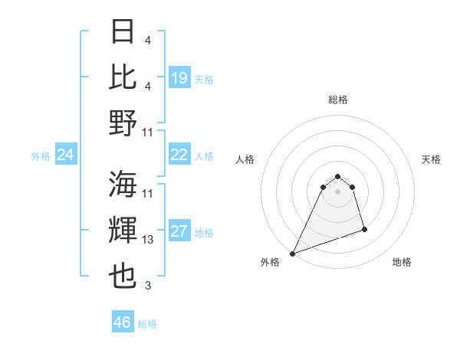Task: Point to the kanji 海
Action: click(x=123, y=184)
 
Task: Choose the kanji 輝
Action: click(x=123, y=230)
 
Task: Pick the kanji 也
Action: click(x=123, y=276)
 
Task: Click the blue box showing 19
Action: click(x=179, y=78)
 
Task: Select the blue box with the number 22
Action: click(x=179, y=155)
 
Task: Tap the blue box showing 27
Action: click(x=179, y=232)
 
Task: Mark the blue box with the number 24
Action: click(x=65, y=155)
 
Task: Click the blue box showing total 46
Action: click(x=123, y=322)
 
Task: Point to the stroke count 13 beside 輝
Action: click(x=149, y=241)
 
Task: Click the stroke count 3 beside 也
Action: click(x=148, y=286)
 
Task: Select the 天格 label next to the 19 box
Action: click(x=204, y=79)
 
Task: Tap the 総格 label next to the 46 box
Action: click(x=147, y=323)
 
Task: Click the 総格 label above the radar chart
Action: click(x=337, y=100)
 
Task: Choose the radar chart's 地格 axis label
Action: click(x=402, y=262)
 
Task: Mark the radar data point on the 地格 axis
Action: click(x=364, y=229)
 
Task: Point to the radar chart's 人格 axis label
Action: click(x=245, y=159)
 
